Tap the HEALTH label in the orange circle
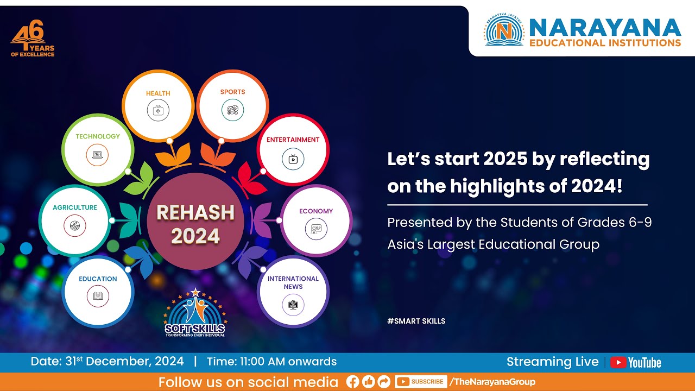(158, 93)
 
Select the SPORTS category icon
(232, 110)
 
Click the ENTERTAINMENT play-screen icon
(293, 159)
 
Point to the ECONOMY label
(316, 211)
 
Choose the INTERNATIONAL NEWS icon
(293, 305)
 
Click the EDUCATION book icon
(98, 296)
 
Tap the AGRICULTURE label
(75, 207)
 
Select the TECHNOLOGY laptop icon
(97, 155)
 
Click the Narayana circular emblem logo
(504, 30)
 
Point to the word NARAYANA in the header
(605, 27)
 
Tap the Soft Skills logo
(195, 314)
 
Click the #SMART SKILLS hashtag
(416, 321)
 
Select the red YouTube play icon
(618, 362)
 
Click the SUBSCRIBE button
(421, 382)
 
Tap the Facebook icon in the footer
(352, 382)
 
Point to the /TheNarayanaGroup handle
(492, 382)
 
